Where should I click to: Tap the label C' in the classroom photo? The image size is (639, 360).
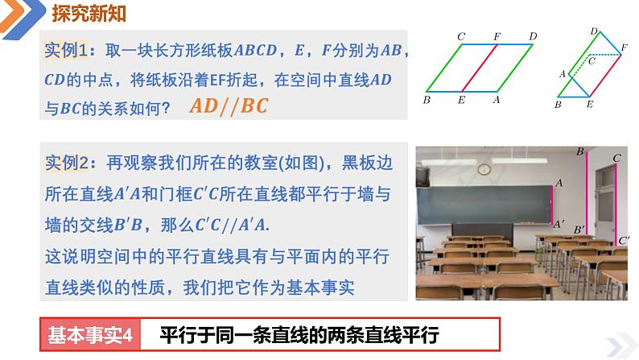pyautogui.click(x=624, y=240)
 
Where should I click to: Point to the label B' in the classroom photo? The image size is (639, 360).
pyautogui.click(x=579, y=230)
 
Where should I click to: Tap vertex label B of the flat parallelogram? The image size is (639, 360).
pyautogui.click(x=426, y=101)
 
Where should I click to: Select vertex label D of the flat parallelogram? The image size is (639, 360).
pyautogui.click(x=533, y=36)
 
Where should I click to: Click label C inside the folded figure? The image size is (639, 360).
pyautogui.click(x=592, y=60)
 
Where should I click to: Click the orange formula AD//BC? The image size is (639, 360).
pyautogui.click(x=229, y=106)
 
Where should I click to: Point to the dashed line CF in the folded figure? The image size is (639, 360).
pyautogui.click(x=605, y=54)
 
